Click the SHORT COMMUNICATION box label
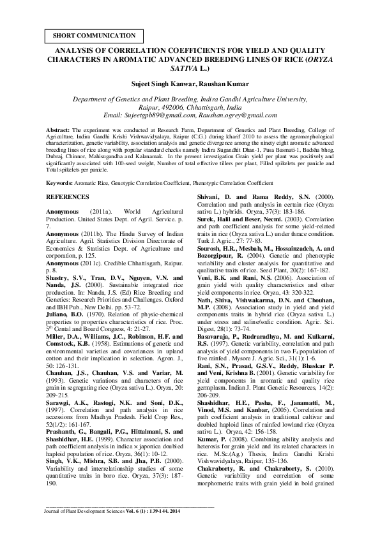pyautogui.click(x=93, y=36)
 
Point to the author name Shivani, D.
pyautogui.click(x=216, y=198)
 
